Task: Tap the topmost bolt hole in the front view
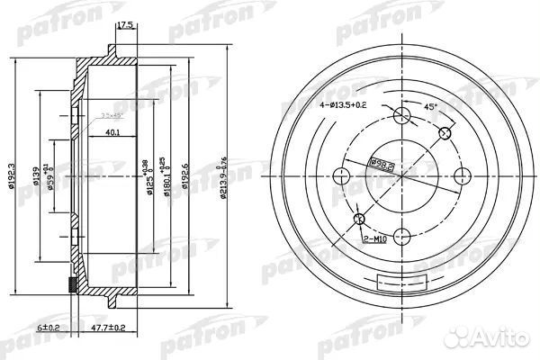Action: pos(402,114)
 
